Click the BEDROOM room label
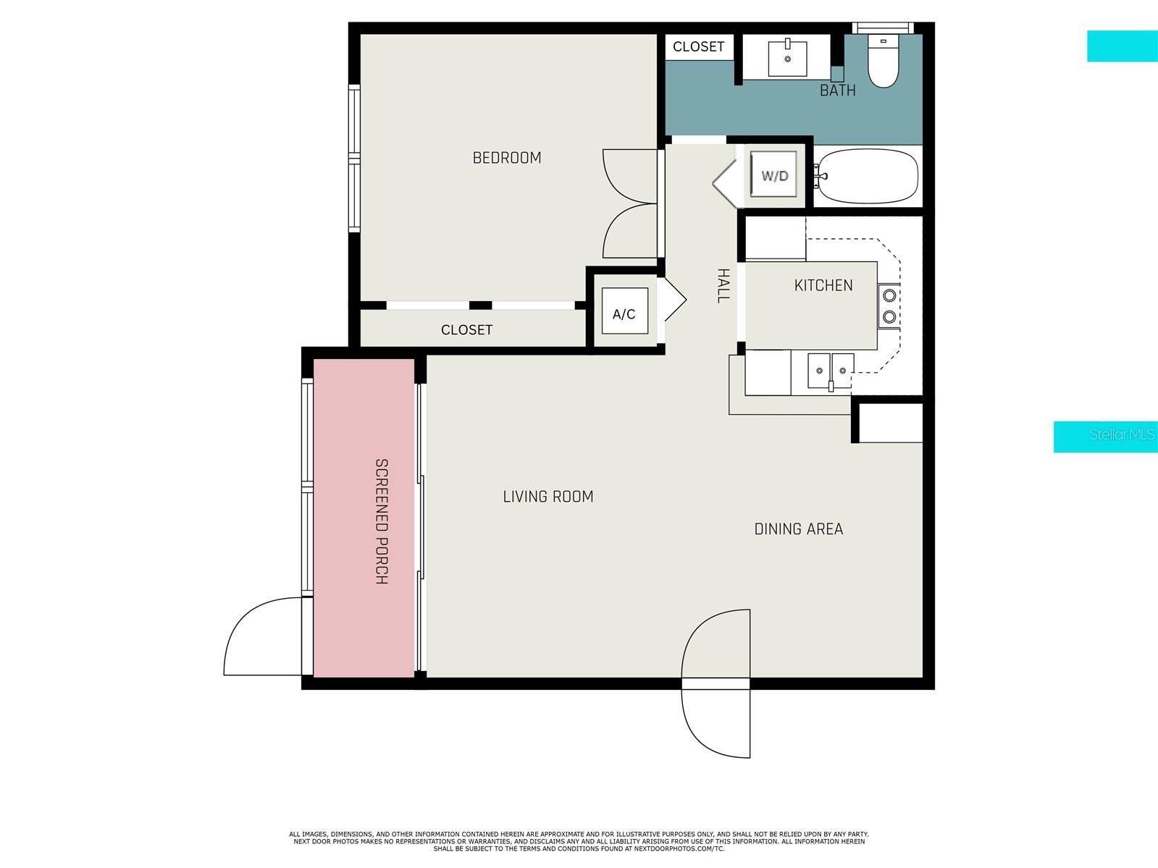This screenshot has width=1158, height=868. (506, 158)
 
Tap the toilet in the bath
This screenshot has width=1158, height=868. (883, 61)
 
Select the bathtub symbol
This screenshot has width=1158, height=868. (866, 176)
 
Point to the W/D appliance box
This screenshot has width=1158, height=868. (773, 175)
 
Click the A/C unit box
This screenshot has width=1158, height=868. (624, 313)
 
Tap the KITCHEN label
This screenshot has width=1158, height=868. (823, 285)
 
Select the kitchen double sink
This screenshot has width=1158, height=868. (831, 371)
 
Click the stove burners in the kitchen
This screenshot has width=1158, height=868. (889, 306)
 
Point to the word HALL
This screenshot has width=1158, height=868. (723, 285)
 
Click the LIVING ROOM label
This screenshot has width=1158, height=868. (548, 497)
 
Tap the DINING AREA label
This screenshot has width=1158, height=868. (799, 529)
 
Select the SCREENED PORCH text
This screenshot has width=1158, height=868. (382, 521)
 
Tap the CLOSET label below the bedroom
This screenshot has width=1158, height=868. (466, 330)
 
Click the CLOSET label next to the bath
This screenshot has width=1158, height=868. (698, 47)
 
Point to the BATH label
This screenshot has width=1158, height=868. (837, 90)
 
